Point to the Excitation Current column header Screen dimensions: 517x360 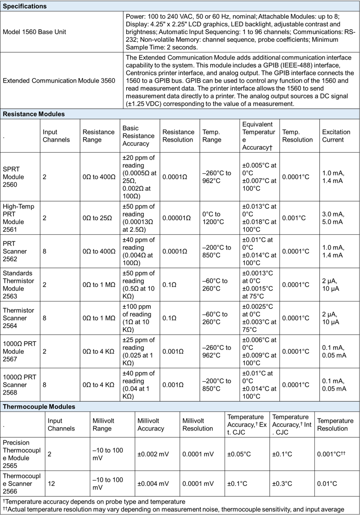pos(333,136)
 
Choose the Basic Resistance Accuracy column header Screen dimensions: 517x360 pos(139,136)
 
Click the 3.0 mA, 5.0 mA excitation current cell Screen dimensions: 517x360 pos(332,217)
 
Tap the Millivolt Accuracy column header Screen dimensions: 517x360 pos(151,424)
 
